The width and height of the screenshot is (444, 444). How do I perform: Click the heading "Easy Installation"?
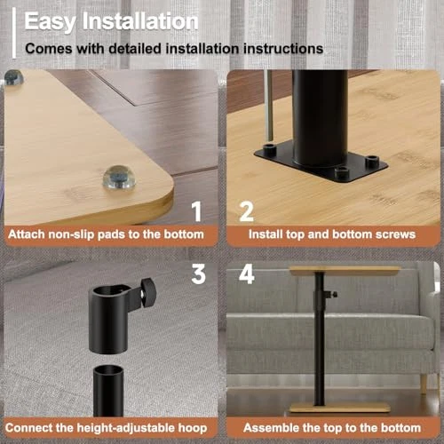pyautogui.click(x=111, y=21)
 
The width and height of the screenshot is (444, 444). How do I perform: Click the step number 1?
pyautogui.click(x=197, y=211)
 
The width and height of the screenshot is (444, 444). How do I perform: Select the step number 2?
pyautogui.click(x=246, y=211)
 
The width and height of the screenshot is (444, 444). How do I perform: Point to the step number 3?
pyautogui.click(x=198, y=274)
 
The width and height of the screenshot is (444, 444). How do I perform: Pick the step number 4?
pyautogui.click(x=247, y=274)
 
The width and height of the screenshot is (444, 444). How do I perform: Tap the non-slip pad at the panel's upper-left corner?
pyautogui.click(x=13, y=77)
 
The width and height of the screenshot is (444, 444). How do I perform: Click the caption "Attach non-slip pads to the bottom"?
pyautogui.click(x=106, y=234)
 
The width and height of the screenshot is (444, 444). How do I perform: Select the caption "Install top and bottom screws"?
pyautogui.click(x=332, y=234)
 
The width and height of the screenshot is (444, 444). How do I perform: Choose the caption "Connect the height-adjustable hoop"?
pyautogui.click(x=106, y=428)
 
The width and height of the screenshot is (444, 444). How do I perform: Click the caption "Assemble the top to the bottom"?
pyautogui.click(x=332, y=428)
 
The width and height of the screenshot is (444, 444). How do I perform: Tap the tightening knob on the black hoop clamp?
pyautogui.click(x=147, y=292)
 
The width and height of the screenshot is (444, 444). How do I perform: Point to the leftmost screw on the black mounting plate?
pyautogui.click(x=269, y=147)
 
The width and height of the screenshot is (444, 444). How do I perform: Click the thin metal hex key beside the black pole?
pyautogui.click(x=269, y=105)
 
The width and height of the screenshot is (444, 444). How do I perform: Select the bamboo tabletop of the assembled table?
pyautogui.click(x=345, y=271)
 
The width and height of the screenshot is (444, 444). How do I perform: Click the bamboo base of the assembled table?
pyautogui.click(x=340, y=408)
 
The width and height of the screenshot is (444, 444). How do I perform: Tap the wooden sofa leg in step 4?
pyautogui.click(x=424, y=385)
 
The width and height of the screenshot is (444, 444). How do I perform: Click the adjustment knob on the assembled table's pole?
pyautogui.click(x=331, y=295)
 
